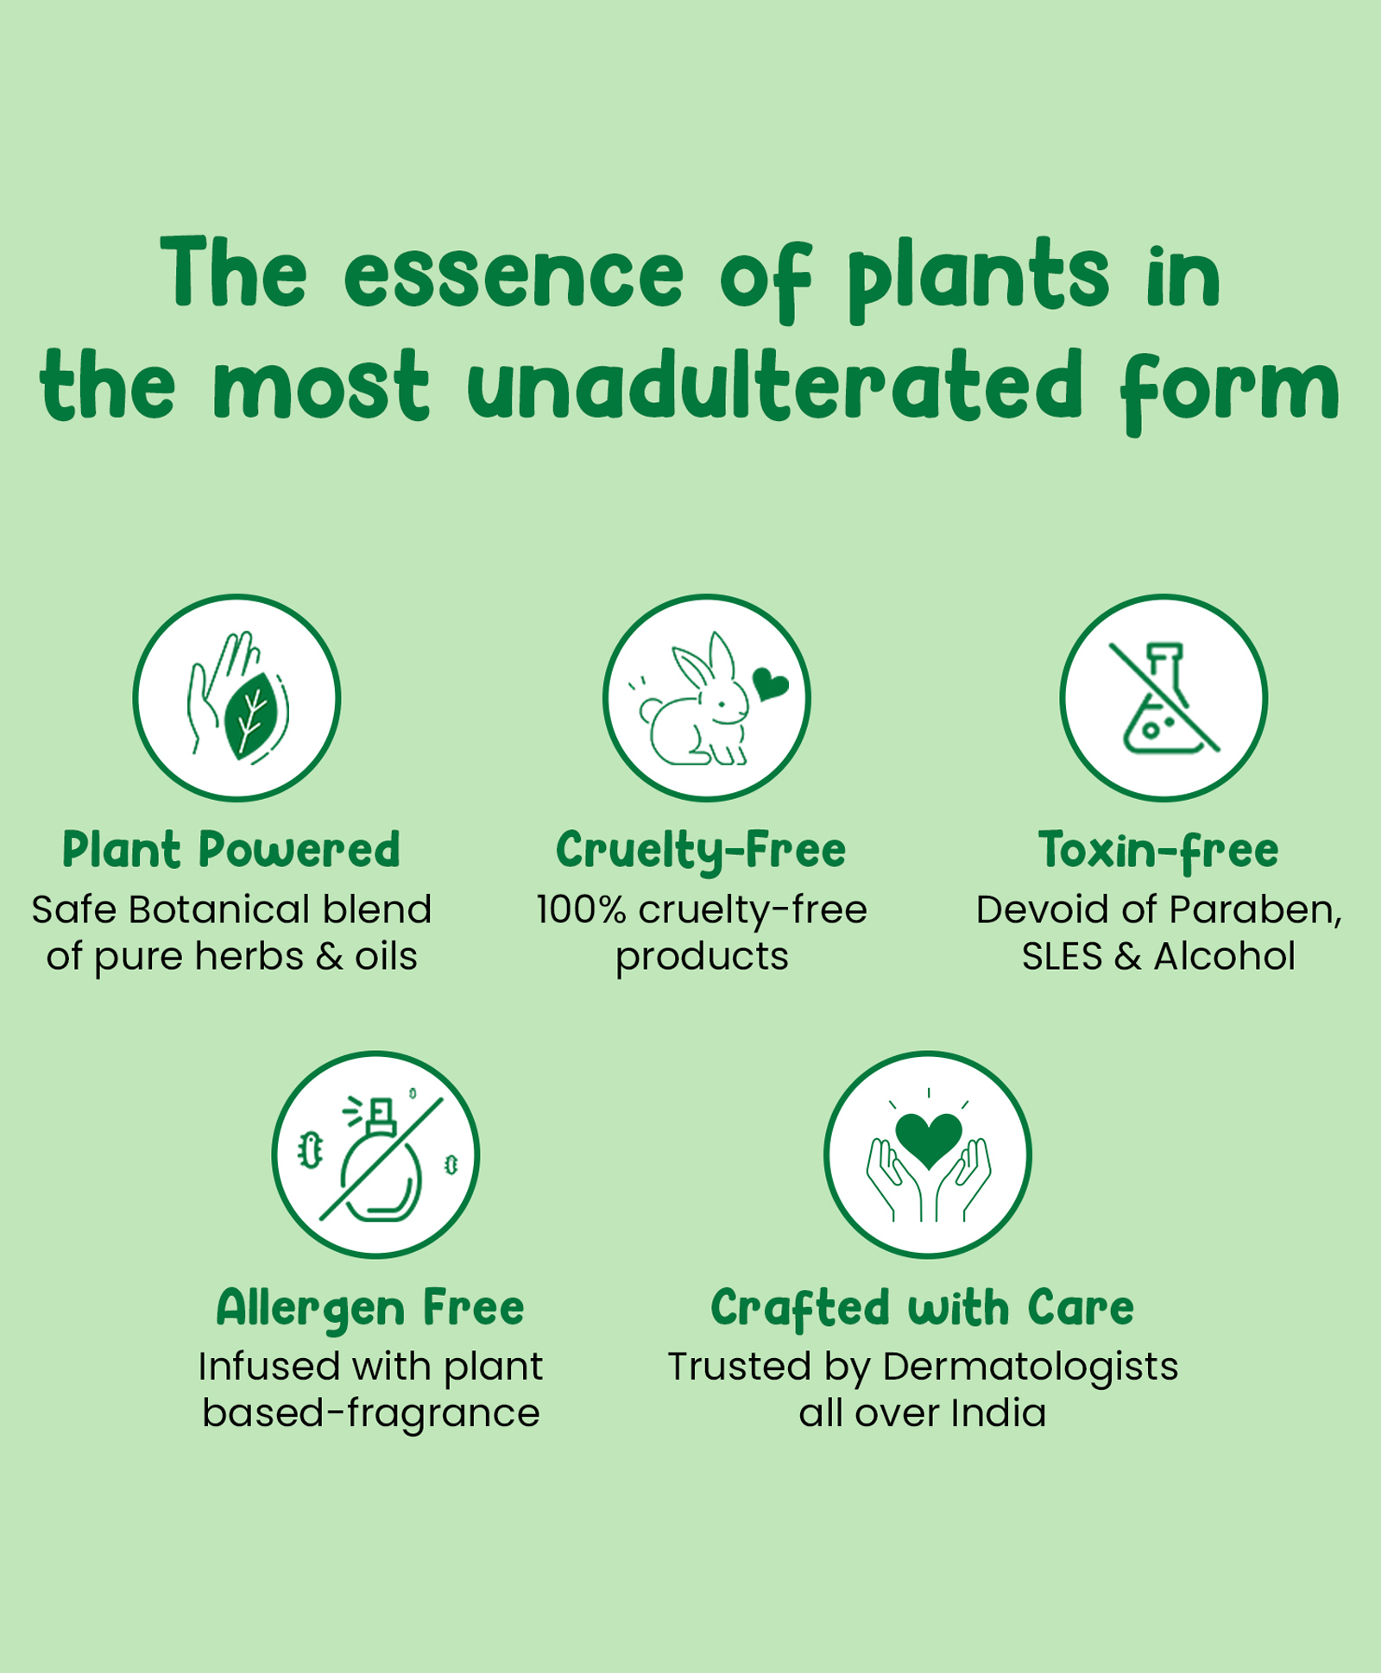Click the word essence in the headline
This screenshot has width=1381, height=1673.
tap(514, 275)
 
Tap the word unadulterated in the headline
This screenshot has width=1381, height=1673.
tap(774, 386)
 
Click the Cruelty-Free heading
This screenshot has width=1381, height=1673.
tap(701, 851)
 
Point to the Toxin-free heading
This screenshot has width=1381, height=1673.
tap(1158, 851)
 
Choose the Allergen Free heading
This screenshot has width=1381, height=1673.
tap(370, 1308)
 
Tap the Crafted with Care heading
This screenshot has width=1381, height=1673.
tap(922, 1308)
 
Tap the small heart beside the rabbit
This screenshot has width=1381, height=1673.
tap(770, 683)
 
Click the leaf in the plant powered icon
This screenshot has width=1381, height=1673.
tap(251, 716)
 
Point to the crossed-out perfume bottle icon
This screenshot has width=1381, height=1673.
tap(380, 1158)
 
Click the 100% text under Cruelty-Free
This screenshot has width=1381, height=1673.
tap(581, 909)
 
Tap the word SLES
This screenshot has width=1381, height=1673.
tap(1063, 956)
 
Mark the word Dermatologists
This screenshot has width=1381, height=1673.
tap(1031, 1368)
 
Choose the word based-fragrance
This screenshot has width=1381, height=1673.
tap(371, 1414)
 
